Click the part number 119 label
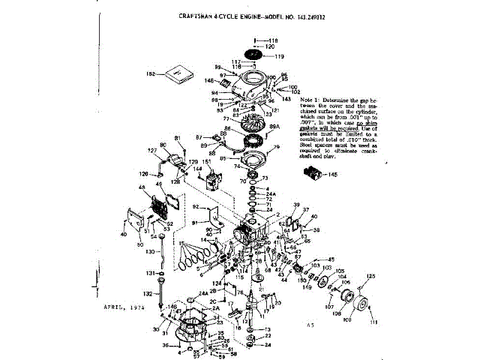click(279, 56)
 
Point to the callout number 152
click(150, 73)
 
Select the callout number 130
click(148, 251)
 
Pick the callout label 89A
click(274, 127)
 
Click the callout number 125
click(368, 277)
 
